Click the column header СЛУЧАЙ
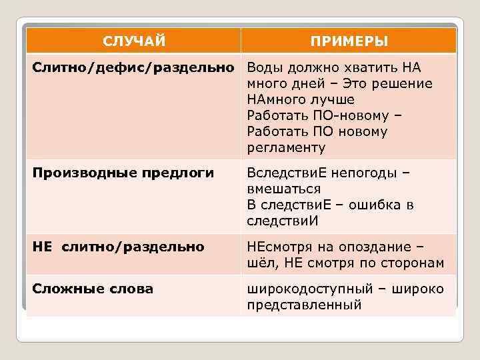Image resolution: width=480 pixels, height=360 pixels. (134, 41)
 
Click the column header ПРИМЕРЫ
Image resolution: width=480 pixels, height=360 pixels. (349, 41)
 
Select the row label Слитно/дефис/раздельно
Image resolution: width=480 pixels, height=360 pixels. (134, 68)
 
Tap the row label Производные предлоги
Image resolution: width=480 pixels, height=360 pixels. (124, 173)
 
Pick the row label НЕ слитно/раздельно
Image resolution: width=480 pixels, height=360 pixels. (119, 247)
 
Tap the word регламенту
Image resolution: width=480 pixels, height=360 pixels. (286, 147)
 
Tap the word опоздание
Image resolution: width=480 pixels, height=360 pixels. (375, 247)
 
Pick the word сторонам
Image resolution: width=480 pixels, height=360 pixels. (411, 263)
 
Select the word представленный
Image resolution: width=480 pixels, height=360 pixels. (304, 305)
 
